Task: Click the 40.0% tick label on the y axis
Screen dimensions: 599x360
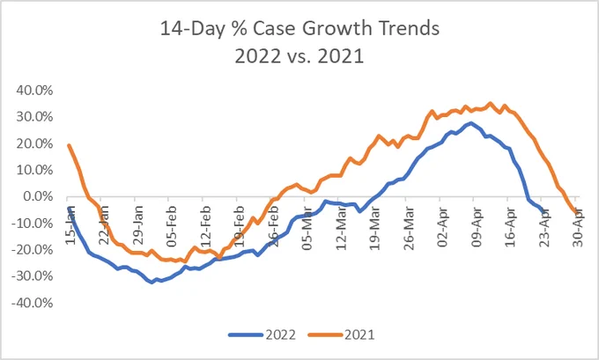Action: click(x=34, y=91)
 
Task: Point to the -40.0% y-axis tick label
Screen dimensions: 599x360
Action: click(x=33, y=303)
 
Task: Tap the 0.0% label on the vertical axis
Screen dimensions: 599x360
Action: click(x=38, y=196)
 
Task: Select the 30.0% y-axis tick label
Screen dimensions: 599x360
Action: click(x=34, y=117)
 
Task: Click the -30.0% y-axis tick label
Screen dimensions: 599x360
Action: click(x=33, y=276)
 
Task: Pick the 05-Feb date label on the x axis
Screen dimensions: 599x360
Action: click(x=171, y=226)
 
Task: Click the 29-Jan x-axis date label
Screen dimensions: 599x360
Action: click(x=137, y=224)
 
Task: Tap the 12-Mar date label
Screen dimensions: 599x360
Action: click(x=341, y=228)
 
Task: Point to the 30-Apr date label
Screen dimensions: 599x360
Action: click(x=578, y=227)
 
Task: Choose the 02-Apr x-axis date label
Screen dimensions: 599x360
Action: click(x=442, y=227)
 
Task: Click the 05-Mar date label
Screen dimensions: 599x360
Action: click(x=307, y=228)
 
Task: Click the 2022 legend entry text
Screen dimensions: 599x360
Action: click(x=281, y=334)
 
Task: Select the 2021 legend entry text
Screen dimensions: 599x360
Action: click(x=359, y=334)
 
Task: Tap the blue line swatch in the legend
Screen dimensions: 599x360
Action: click(x=246, y=334)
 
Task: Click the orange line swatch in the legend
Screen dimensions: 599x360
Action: click(x=325, y=334)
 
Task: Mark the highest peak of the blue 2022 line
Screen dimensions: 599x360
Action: click(x=470, y=123)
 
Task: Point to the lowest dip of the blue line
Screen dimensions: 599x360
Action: click(x=152, y=283)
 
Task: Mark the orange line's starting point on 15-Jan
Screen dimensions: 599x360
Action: click(x=69, y=145)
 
